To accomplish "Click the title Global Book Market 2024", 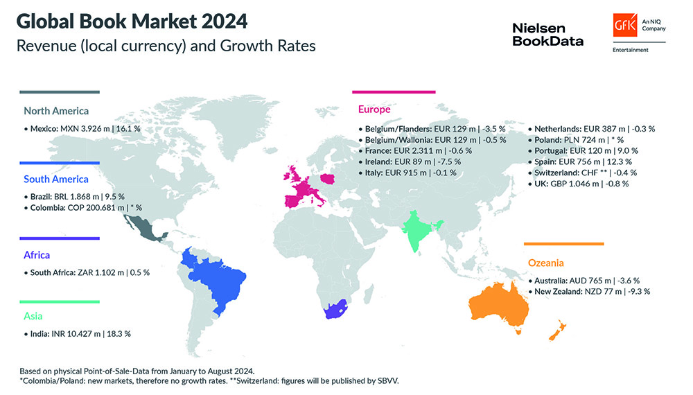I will coord(132,21).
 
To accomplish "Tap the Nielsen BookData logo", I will coord(547,34).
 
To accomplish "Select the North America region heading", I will coord(56,110).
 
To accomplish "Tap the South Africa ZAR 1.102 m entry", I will coord(89,272).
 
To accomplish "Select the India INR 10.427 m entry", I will coord(80,333).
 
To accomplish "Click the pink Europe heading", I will coord(374,109).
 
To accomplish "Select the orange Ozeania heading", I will coord(546,263).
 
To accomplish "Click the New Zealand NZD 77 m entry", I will coord(593,292).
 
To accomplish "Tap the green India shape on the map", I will coord(419,232).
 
